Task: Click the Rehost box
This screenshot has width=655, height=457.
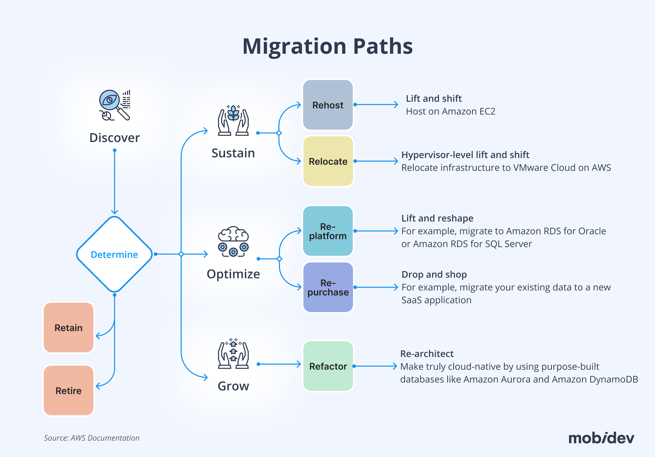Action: tap(328, 105)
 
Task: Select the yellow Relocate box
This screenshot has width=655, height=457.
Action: tap(328, 161)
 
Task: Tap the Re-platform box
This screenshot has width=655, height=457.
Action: tap(328, 231)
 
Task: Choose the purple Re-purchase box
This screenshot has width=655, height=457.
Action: tap(328, 287)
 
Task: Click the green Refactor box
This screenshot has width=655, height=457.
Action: tap(328, 366)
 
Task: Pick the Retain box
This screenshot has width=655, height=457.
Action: tap(69, 328)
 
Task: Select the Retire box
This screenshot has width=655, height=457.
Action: tap(69, 390)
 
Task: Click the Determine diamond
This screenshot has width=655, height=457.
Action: tap(114, 254)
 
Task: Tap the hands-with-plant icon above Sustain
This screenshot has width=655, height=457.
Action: tap(233, 120)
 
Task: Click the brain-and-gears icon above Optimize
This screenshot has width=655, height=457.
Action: tap(233, 241)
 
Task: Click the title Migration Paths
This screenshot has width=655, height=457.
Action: tap(327, 46)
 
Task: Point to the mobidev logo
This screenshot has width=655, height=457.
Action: tap(601, 438)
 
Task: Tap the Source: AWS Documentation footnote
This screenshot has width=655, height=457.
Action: tap(92, 438)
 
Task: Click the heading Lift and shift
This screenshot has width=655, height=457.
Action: tap(434, 99)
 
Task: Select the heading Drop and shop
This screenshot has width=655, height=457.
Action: tap(434, 274)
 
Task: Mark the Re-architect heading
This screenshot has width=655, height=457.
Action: tap(427, 354)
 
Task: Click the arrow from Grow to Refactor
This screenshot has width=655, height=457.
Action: tap(279, 364)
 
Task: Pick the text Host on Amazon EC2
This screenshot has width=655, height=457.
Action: tap(451, 111)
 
